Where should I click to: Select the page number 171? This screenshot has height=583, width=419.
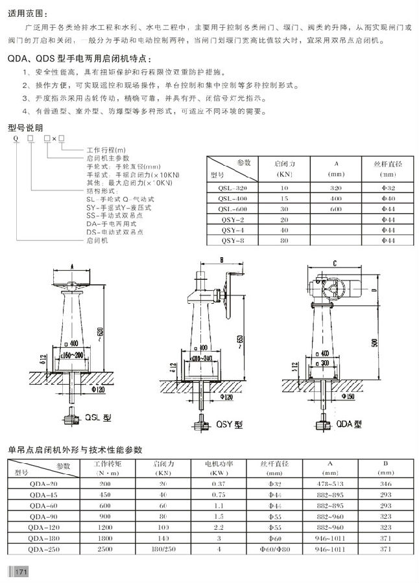coord(20,571)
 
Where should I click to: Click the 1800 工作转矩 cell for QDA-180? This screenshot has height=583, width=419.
coord(105,538)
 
